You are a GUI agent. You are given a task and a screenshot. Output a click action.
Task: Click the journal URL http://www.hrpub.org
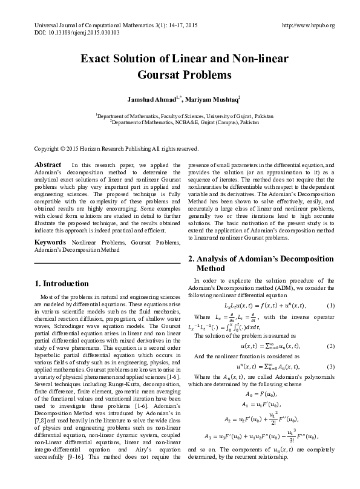[x=309, y=25]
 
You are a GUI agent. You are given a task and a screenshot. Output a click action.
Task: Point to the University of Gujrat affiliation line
[x=180, y=114]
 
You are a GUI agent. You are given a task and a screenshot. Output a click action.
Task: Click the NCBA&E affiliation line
[x=180, y=121]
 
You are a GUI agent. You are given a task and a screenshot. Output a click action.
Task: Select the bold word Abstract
[x=47, y=165]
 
